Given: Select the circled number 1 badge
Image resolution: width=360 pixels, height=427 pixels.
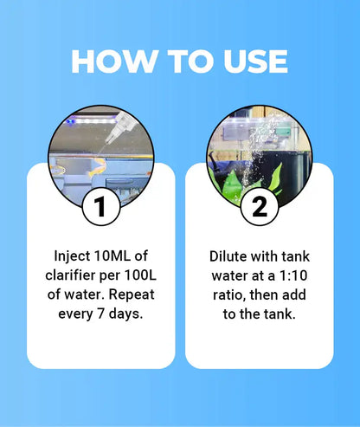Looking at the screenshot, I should (x=100, y=208).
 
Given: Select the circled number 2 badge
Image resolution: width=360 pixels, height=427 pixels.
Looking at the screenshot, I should (x=258, y=208).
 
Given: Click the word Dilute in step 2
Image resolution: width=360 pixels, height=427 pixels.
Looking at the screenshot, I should (x=230, y=257).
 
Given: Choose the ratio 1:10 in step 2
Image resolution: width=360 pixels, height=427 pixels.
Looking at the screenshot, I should (x=292, y=276).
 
